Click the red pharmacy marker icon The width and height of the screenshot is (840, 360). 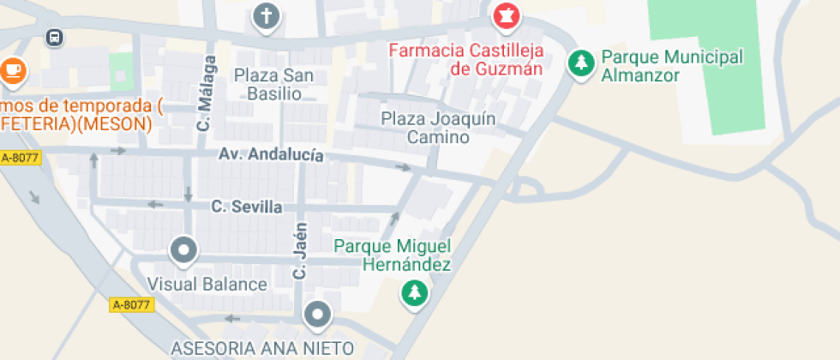[505, 15]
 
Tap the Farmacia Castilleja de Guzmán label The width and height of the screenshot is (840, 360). [465, 59]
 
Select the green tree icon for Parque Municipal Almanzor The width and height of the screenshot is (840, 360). [582, 63]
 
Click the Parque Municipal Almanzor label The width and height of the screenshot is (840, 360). [671, 66]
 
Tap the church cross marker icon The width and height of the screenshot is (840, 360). [267, 15]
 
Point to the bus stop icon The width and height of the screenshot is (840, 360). [55, 37]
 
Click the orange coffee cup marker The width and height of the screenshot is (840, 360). [13, 69]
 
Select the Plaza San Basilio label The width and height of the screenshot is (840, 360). [274, 84]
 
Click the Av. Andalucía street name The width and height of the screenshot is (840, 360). [271, 155]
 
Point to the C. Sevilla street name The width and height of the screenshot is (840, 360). [247, 207]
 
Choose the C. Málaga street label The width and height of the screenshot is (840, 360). [204, 93]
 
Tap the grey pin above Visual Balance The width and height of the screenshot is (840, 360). [183, 251]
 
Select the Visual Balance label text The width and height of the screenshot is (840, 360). [207, 284]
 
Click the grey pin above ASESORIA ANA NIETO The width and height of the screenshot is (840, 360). [319, 315]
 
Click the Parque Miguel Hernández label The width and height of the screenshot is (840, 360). [393, 255]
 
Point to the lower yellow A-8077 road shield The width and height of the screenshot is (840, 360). [131, 304]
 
